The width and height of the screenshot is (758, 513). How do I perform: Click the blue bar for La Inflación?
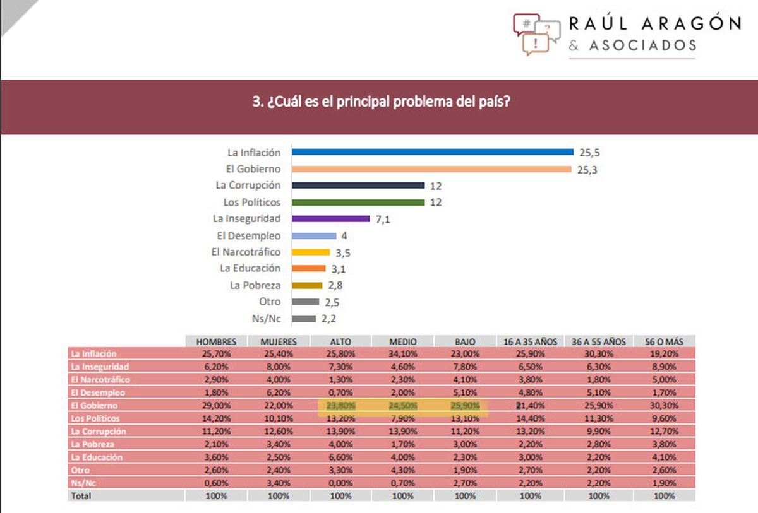point(432,152)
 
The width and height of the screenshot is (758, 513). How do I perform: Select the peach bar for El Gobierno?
point(431,168)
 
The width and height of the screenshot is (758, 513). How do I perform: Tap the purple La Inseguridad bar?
point(330,218)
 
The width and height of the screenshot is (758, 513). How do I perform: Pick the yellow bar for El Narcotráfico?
point(311,252)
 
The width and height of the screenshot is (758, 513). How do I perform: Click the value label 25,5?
point(586,152)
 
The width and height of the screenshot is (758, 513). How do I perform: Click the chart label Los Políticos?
point(252,202)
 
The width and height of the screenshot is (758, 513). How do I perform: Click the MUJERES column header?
point(279,341)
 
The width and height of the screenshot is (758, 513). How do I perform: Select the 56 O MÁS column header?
point(665,341)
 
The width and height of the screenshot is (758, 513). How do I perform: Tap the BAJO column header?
point(465,341)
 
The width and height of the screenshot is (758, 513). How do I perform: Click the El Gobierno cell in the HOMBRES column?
point(217,405)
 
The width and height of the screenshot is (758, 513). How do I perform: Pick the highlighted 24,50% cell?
point(403,405)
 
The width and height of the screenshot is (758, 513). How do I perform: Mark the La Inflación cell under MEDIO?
point(403,354)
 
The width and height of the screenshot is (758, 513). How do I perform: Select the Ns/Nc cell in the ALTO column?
point(340,483)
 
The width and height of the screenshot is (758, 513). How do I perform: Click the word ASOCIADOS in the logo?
point(642,45)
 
